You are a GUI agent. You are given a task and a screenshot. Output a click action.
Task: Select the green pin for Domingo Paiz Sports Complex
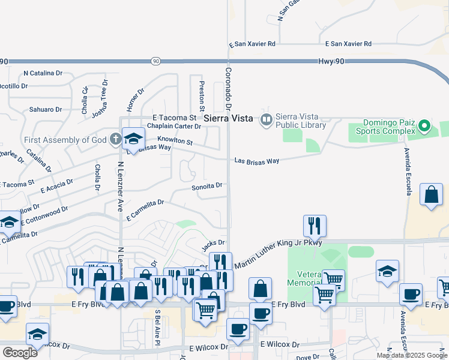[x=424, y=126]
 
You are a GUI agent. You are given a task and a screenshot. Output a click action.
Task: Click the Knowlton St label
[x=175, y=140]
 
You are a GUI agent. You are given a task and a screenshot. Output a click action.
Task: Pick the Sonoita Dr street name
[x=207, y=187]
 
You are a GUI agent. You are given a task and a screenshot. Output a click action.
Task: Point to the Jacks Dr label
[x=213, y=243]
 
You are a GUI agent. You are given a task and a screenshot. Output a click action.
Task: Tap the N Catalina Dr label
[x=43, y=73]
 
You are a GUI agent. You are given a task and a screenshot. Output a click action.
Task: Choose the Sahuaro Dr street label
[x=46, y=110]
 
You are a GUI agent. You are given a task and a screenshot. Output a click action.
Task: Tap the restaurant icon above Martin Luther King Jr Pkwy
[x=315, y=226]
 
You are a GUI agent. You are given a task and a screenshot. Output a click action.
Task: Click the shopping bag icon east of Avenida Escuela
[x=431, y=194]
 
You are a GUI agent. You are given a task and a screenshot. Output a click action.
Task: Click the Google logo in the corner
[x=20, y=353]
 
